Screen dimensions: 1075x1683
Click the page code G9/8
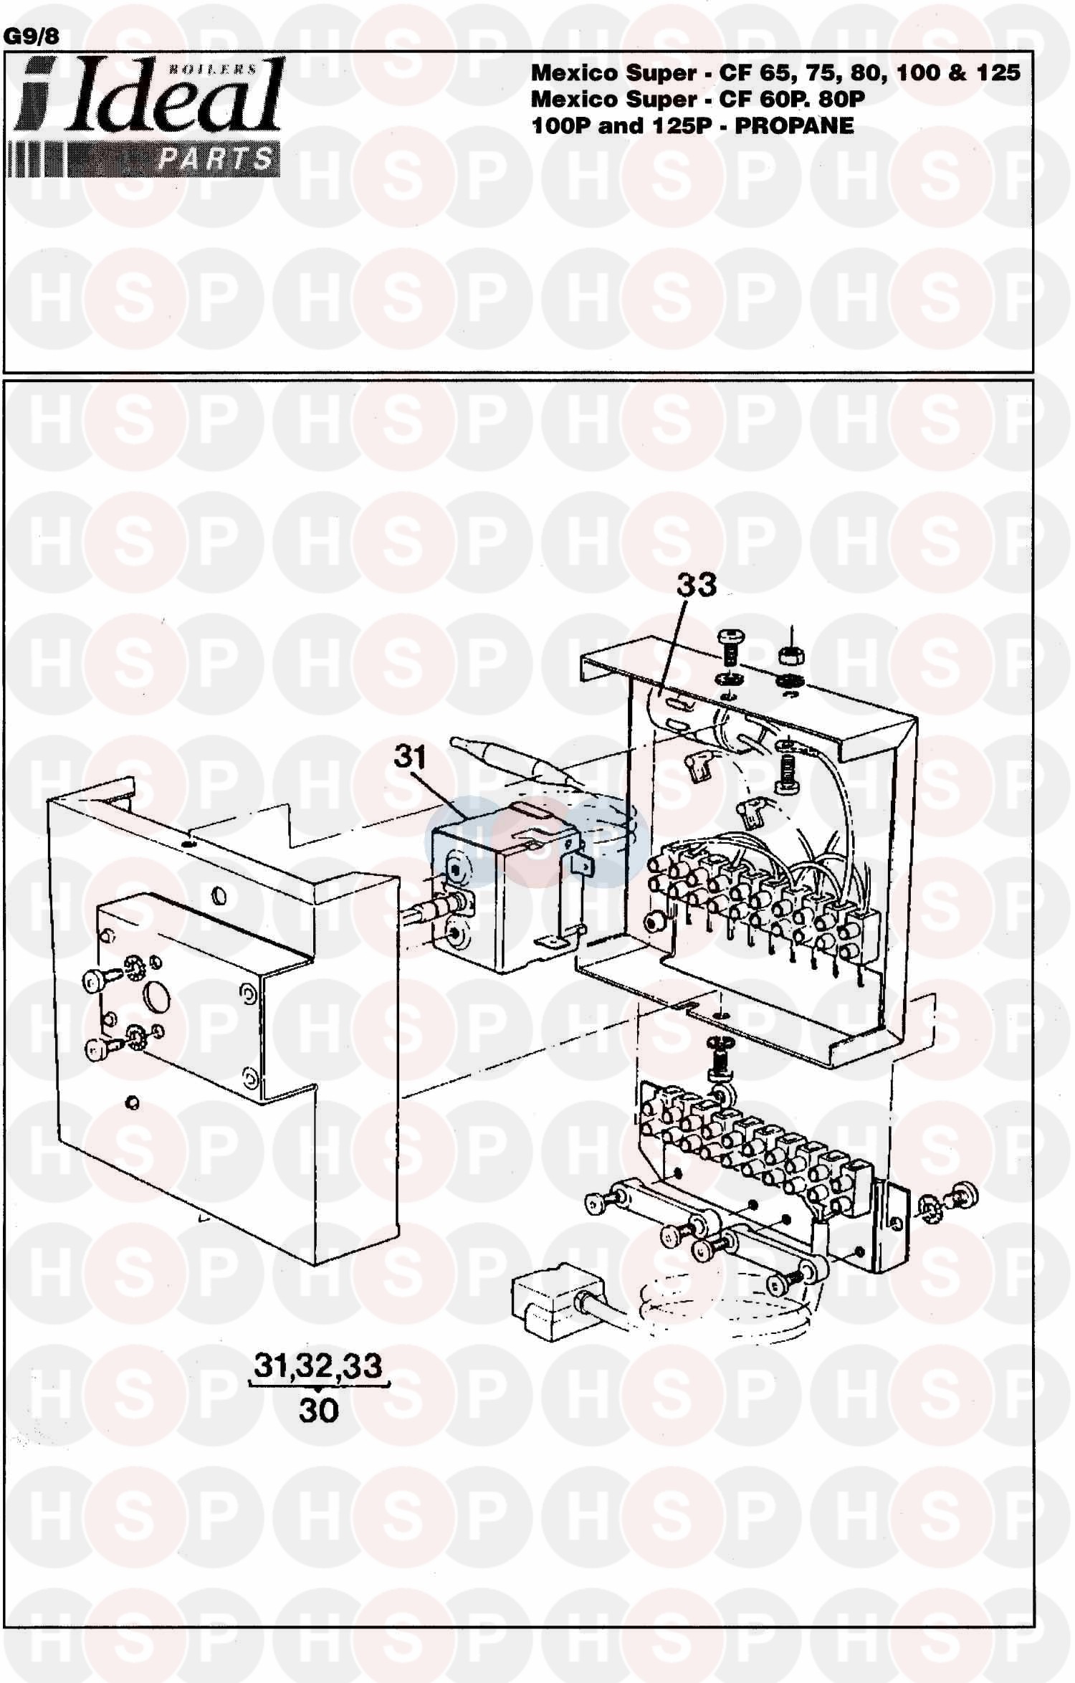[32, 36]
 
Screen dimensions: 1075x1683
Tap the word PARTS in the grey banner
[216, 158]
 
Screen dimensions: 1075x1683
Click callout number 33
[697, 585]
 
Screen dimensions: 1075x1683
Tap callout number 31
[411, 756]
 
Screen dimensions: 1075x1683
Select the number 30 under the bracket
[319, 1411]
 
